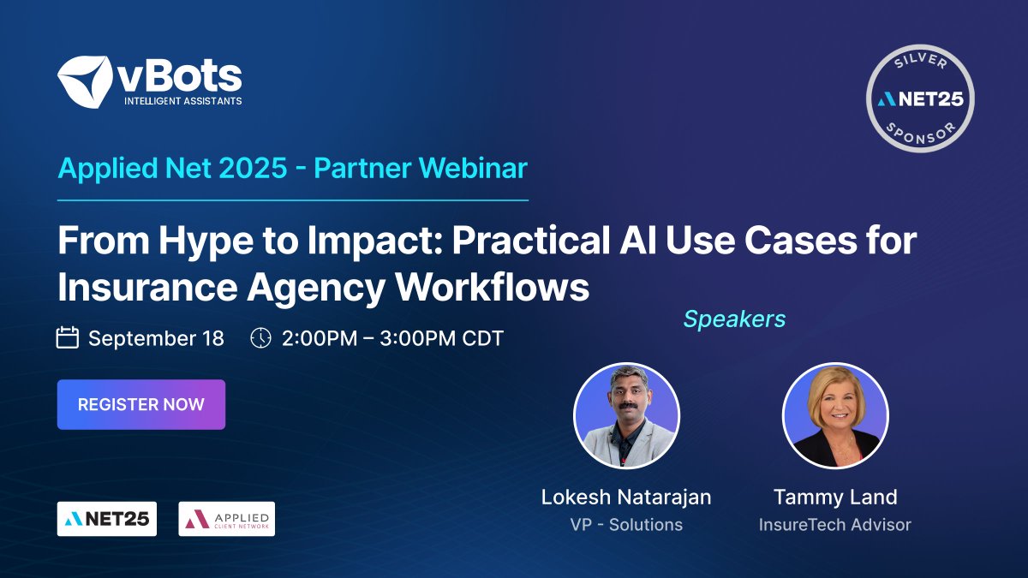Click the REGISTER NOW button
(140, 404)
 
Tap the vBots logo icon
(85, 82)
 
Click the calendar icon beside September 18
(68, 337)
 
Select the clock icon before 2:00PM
(260, 337)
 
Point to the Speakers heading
(734, 319)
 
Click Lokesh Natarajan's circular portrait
(626, 415)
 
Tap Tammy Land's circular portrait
(835, 415)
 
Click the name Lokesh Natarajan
(626, 497)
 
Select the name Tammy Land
(835, 497)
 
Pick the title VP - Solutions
(626, 524)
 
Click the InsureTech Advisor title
(835, 524)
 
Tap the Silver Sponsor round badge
(920, 98)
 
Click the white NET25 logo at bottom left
(107, 519)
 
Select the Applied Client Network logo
(226, 519)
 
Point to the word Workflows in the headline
(492, 288)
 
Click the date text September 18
(156, 338)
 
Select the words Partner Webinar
(421, 168)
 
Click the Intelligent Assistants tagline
(183, 101)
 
